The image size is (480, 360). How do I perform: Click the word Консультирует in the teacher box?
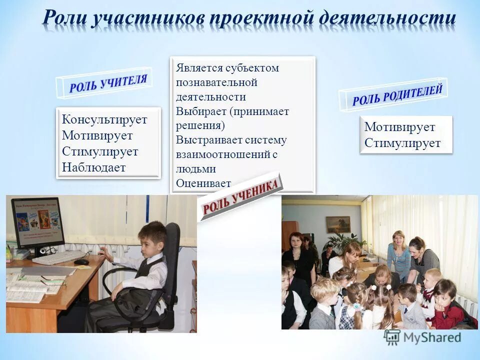pyautogui.click(x=104, y=119)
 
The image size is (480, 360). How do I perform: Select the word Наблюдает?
pyautogui.click(x=93, y=167)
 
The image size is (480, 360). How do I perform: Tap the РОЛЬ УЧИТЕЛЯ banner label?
pyautogui.click(x=108, y=83)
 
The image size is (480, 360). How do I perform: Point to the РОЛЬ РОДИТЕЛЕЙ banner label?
pyautogui.click(x=397, y=95)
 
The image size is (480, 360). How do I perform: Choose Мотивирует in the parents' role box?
pyautogui.click(x=399, y=127)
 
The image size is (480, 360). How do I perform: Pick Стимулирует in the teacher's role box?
pyautogui.click(x=100, y=151)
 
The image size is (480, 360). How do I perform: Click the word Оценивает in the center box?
pyautogui.click(x=203, y=183)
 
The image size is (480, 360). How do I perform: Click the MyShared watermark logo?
pyautogui.click(x=422, y=337)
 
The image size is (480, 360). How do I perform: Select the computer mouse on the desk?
pyautogui.click(x=81, y=261)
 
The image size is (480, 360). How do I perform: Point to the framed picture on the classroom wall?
pyautogui.click(x=338, y=224)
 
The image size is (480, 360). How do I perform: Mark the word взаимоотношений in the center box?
pyautogui.click(x=223, y=154)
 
